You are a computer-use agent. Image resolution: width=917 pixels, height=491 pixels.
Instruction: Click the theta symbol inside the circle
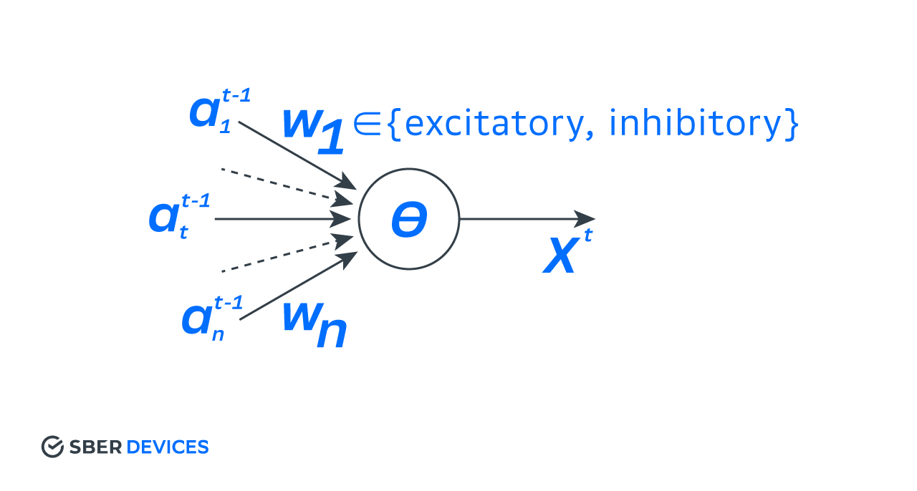(x=409, y=219)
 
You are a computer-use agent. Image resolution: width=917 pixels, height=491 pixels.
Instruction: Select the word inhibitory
(x=696, y=124)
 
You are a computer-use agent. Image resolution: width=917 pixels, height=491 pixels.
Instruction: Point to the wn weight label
(x=315, y=324)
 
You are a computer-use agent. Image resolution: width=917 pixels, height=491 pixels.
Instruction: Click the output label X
(x=561, y=256)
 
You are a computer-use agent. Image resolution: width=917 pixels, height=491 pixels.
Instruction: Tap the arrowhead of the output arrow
(x=585, y=219)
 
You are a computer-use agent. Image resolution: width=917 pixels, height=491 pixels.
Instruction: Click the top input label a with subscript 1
(x=220, y=111)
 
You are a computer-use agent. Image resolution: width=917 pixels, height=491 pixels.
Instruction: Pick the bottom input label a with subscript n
(x=212, y=319)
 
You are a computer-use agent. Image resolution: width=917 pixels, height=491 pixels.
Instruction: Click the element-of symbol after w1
(x=365, y=124)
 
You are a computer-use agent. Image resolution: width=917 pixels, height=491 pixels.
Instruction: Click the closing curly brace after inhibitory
(x=792, y=125)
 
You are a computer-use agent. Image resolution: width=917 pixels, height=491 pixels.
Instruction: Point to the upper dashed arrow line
(x=287, y=186)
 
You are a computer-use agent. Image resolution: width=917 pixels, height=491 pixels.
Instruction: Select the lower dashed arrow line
(x=287, y=253)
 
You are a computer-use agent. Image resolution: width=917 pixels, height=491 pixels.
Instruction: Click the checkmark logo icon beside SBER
(x=52, y=447)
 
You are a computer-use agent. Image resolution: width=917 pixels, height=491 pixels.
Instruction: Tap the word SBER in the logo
(x=96, y=447)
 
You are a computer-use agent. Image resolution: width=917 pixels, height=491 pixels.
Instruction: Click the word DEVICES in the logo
(x=168, y=447)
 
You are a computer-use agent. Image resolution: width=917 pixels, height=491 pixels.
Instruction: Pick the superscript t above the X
(x=588, y=235)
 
